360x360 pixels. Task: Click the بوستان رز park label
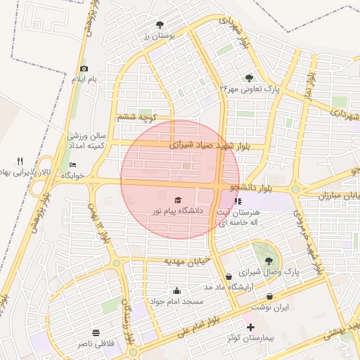click(x=158, y=35)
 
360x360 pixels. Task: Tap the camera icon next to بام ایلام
click(x=84, y=68)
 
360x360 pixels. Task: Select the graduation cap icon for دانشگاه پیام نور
click(x=177, y=200)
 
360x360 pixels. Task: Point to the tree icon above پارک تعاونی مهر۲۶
click(x=249, y=78)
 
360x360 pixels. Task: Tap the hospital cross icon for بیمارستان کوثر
click(x=250, y=327)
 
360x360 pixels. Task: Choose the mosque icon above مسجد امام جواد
click(x=176, y=291)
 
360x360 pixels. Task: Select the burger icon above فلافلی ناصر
click(x=96, y=332)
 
